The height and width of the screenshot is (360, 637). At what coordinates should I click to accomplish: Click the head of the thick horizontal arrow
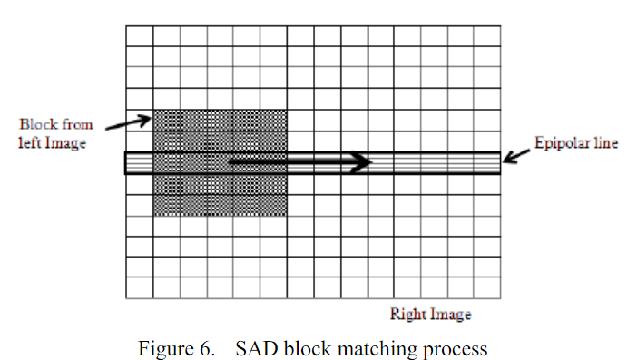click(361, 162)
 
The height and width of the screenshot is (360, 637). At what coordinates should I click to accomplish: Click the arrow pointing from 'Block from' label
click(128, 122)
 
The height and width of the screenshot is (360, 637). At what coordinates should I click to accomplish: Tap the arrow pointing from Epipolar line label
click(516, 156)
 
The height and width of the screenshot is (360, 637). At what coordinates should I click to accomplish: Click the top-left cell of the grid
click(140, 36)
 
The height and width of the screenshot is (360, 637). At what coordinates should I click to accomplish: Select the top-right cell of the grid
click(487, 36)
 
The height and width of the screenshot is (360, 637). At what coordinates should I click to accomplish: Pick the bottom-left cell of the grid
click(140, 287)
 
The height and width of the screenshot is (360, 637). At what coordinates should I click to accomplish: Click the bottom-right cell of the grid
click(487, 287)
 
